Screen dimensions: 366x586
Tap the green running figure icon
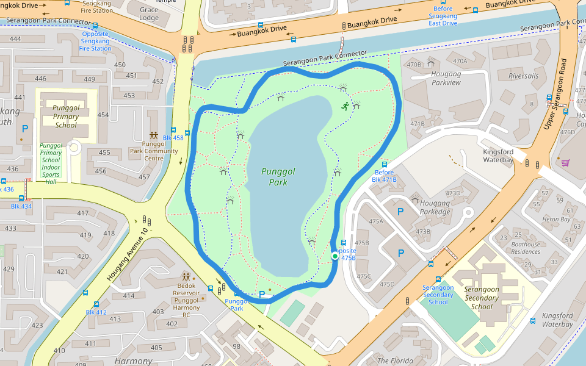(x=345, y=106)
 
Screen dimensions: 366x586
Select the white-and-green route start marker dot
(x=335, y=257)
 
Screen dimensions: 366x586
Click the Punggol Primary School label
(x=66, y=117)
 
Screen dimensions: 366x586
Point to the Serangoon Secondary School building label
(x=482, y=298)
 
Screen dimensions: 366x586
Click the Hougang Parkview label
(x=446, y=78)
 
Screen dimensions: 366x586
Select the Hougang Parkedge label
(x=435, y=207)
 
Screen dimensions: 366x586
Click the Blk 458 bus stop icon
(x=174, y=130)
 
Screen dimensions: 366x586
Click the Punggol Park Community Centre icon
(x=154, y=135)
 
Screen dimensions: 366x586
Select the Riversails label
(x=523, y=76)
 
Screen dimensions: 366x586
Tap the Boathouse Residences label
(x=525, y=248)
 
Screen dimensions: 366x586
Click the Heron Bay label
(x=556, y=219)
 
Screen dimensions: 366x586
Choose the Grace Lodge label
(x=149, y=14)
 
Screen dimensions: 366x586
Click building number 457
(x=143, y=178)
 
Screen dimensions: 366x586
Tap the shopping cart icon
(x=565, y=162)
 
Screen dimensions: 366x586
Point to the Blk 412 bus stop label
(x=96, y=312)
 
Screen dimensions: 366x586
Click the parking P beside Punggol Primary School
(x=24, y=129)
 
